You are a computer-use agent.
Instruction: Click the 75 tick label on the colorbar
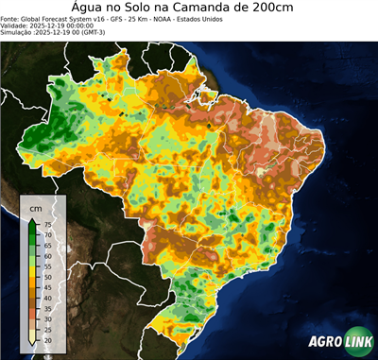(46, 224)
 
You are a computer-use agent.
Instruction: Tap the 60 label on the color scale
(46, 255)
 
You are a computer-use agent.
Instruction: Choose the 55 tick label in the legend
(46, 266)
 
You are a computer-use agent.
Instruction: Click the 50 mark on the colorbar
(46, 277)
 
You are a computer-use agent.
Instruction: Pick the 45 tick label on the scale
(46, 287)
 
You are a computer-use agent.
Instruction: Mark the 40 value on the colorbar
(46, 298)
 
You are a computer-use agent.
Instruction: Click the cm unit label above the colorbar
(35, 206)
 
